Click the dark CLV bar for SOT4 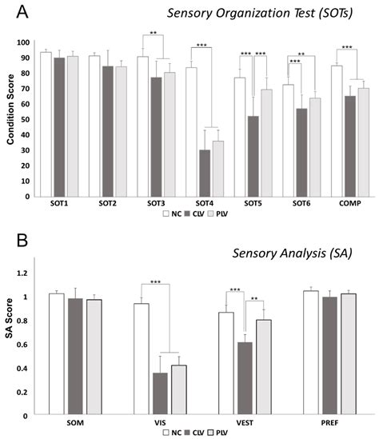[x=183, y=173]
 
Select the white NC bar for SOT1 [x=46, y=124]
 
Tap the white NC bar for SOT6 [x=265, y=140]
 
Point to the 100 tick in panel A [x=26, y=42]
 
